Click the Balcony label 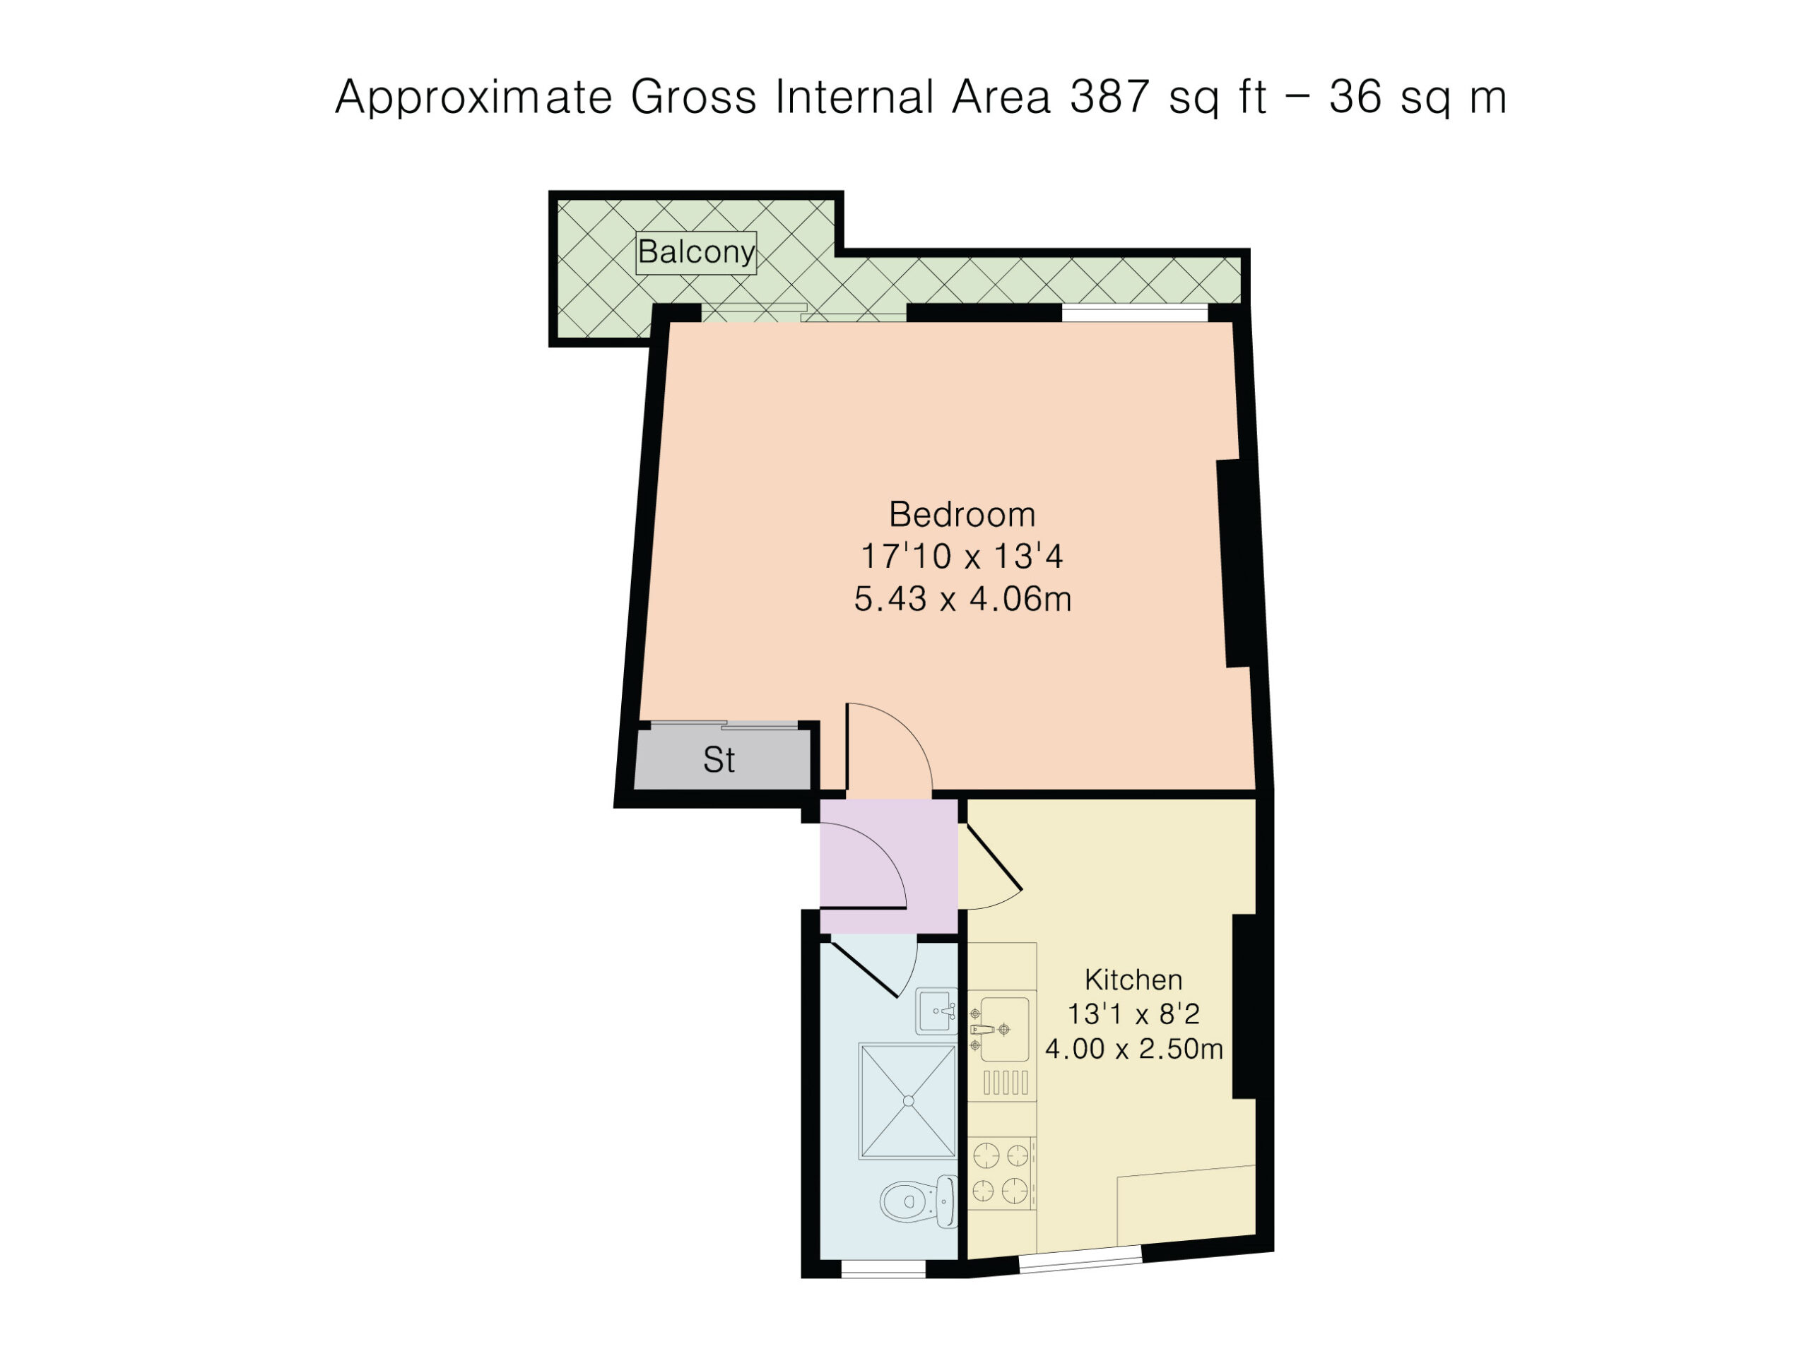696,251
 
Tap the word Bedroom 962,515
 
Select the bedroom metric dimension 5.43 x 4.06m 962,599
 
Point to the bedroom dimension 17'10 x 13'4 962,557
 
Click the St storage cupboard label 719,760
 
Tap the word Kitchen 1133,979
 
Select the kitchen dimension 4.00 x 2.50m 1133,1049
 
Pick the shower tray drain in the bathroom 909,1101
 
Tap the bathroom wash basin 936,1011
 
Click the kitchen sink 1003,1029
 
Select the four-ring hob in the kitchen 1001,1173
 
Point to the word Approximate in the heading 473,97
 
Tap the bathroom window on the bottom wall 883,1268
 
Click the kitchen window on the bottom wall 1080,1259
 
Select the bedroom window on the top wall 1134,312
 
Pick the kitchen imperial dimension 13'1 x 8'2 1133,1014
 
